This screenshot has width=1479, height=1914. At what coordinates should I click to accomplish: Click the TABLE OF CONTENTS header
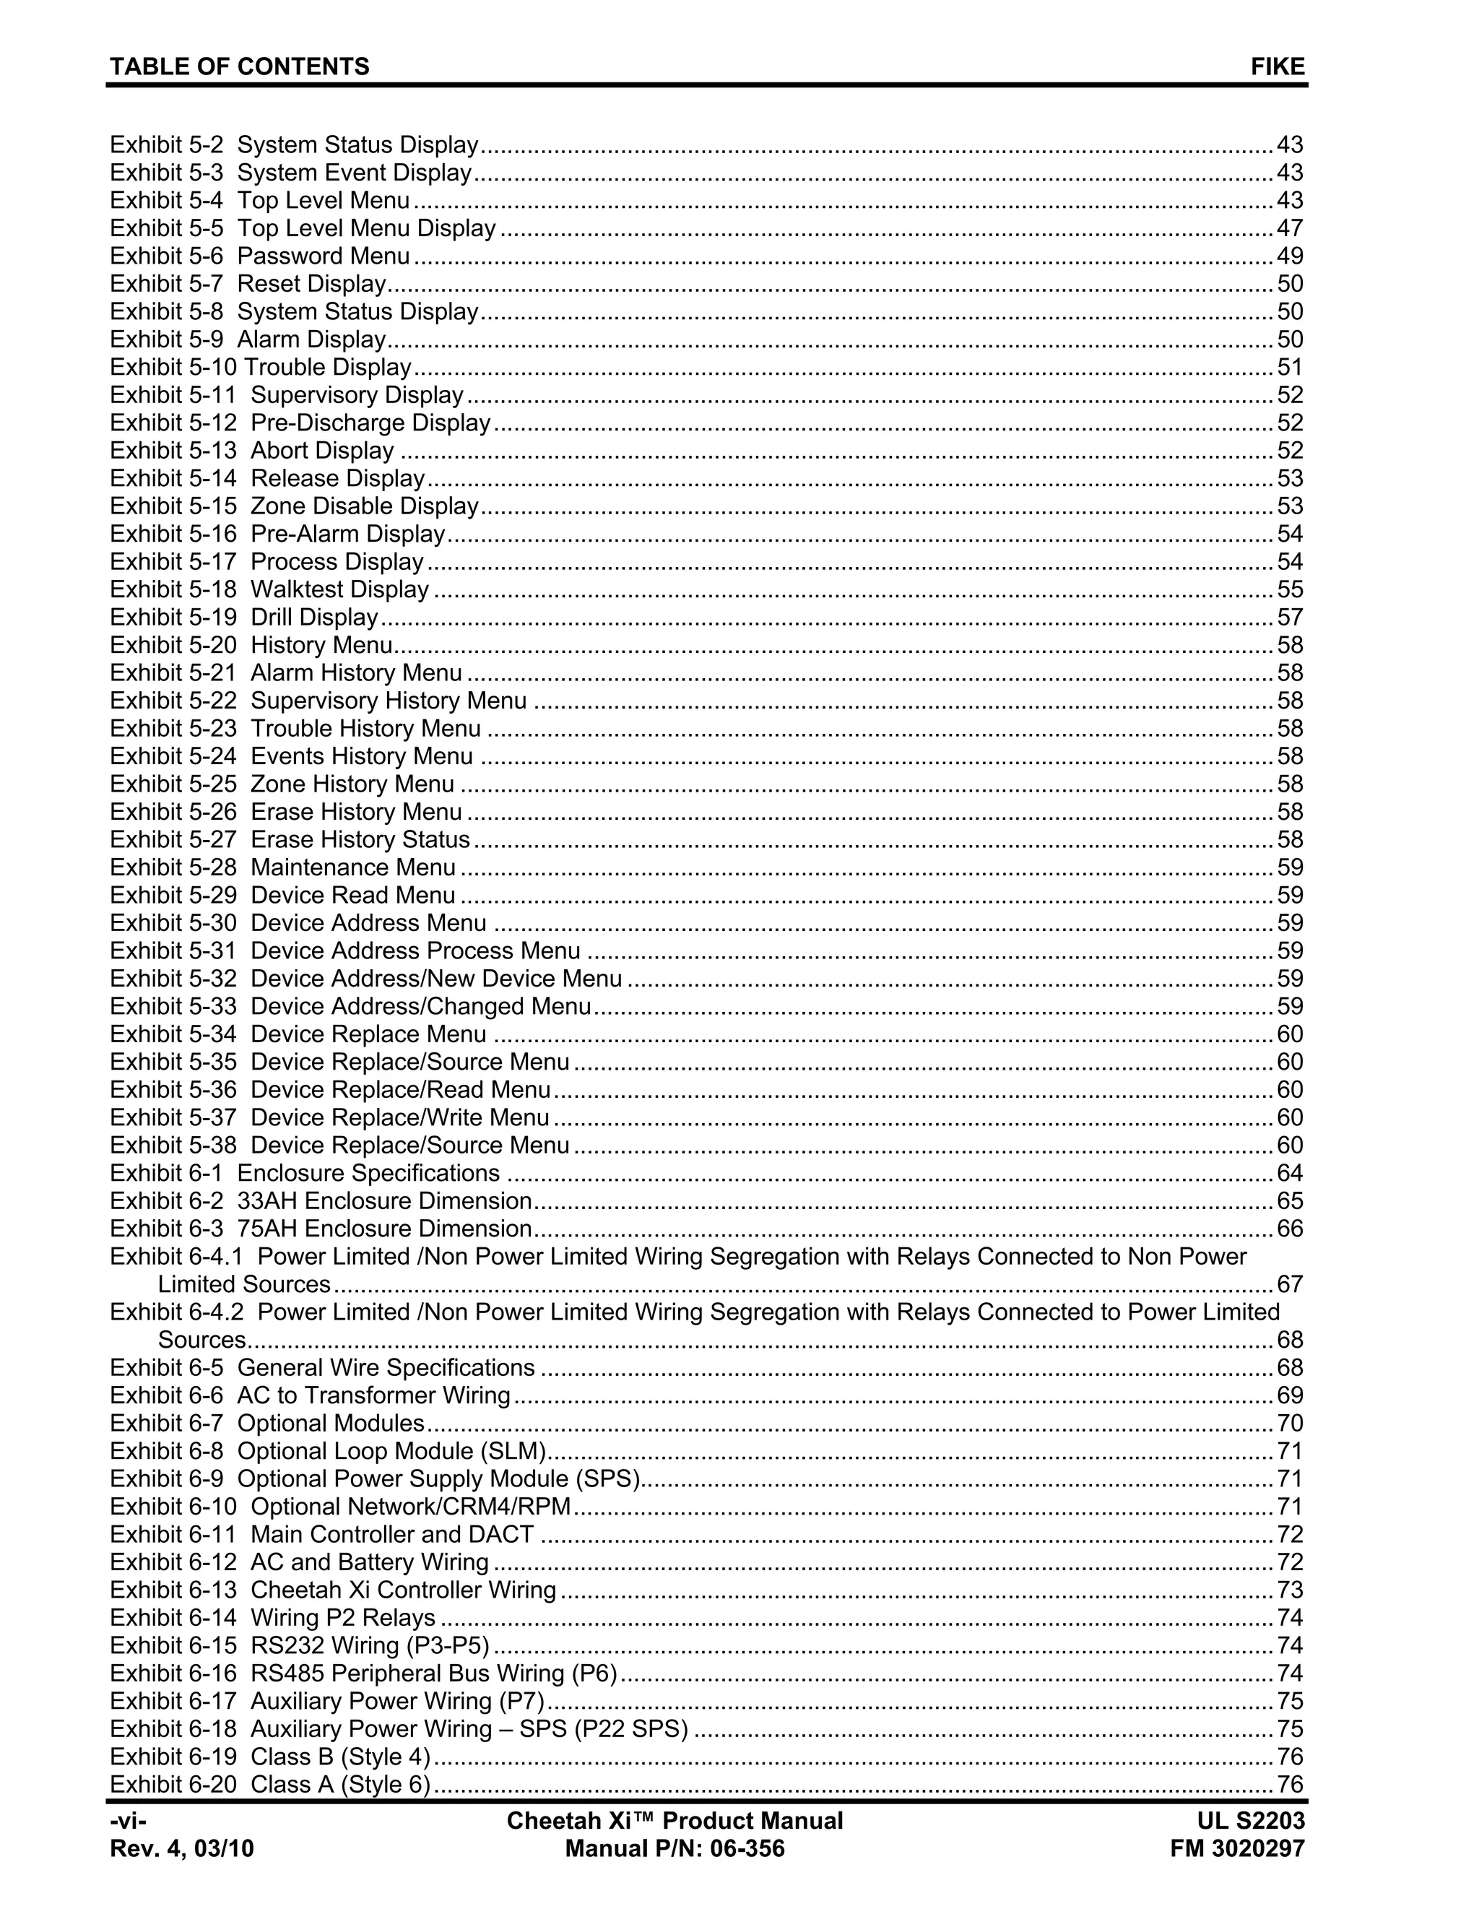tap(239, 66)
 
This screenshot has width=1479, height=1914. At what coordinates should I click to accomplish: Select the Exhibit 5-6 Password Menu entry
tap(260, 256)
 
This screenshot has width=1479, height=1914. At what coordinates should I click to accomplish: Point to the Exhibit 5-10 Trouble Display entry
tap(260, 367)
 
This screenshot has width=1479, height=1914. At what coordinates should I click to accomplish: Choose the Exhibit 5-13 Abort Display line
tap(252, 451)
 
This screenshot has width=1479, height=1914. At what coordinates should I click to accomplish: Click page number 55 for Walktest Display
tap(1290, 590)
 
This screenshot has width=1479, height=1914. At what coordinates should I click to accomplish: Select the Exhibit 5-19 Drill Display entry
tap(243, 618)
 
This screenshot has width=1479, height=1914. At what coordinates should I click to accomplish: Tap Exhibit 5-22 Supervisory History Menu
tap(318, 701)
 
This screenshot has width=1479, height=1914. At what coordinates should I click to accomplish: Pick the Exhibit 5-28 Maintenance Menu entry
tap(282, 867)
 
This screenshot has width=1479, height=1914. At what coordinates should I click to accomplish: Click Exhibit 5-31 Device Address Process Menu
tap(344, 951)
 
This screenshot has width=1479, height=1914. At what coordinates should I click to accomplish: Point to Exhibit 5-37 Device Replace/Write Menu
tap(329, 1118)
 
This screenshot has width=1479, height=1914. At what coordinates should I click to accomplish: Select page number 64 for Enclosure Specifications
tap(1290, 1174)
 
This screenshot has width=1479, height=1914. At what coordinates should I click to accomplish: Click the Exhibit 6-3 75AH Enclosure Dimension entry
tap(321, 1229)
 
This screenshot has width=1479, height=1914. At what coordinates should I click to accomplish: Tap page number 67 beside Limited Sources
tap(1290, 1285)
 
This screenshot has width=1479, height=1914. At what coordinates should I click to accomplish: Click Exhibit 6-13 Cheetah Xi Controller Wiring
tap(333, 1590)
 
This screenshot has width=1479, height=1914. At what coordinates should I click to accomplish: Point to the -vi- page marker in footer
tap(128, 1821)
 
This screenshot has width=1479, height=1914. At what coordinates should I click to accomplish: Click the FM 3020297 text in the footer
tap(1237, 1849)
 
